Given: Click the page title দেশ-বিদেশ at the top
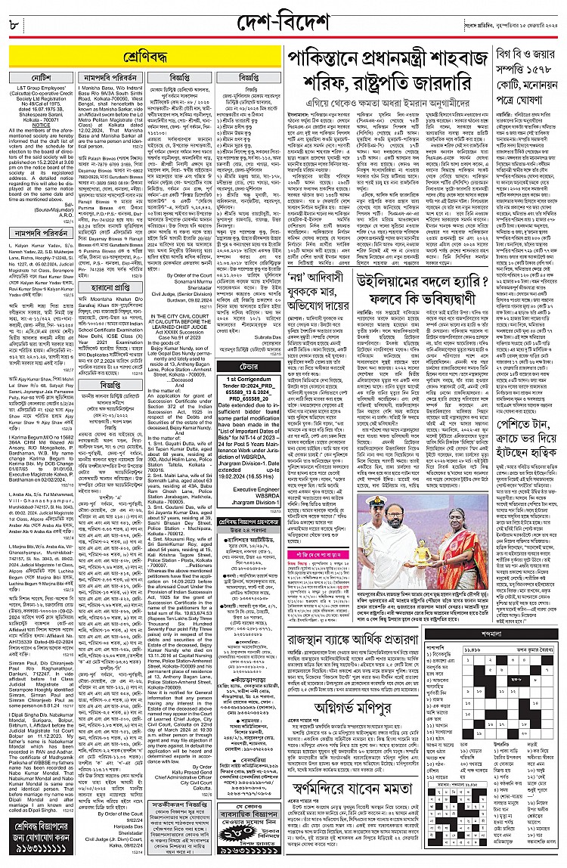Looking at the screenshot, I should (283, 16).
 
